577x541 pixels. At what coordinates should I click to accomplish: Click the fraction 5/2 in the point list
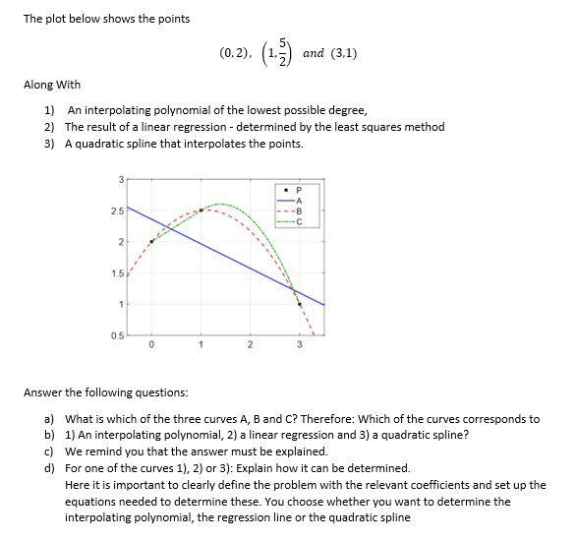point(283,51)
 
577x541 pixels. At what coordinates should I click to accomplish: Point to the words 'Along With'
point(52,85)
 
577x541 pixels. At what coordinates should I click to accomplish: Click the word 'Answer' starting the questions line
point(41,392)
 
